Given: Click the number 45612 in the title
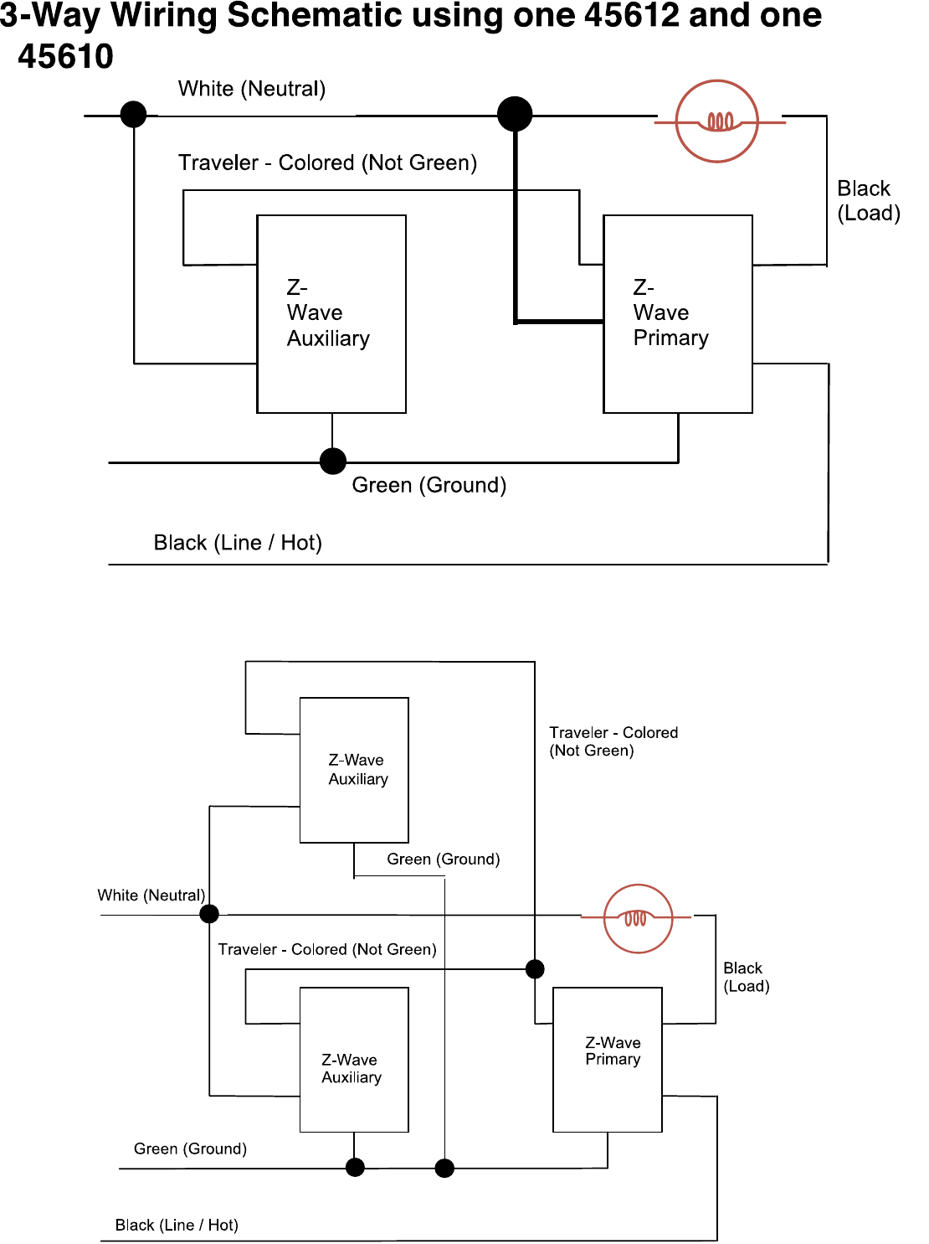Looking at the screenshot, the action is tap(631, 15).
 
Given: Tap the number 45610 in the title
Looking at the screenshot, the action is tap(65, 57).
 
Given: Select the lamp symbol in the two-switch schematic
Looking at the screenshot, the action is tap(716, 121).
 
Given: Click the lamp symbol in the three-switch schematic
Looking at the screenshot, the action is tap(638, 918).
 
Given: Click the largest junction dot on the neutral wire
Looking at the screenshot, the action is tap(515, 114).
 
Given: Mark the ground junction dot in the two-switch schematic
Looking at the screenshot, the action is tap(333, 462).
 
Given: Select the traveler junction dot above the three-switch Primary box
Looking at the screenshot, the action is tap(535, 969).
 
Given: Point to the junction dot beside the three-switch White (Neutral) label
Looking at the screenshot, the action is tap(209, 914).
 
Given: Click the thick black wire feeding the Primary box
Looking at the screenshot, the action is tap(516, 227).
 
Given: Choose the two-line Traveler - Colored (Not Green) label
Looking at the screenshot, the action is tap(613, 741).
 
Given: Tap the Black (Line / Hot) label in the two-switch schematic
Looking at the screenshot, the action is tap(238, 543).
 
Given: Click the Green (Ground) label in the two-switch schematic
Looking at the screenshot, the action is tap(429, 485).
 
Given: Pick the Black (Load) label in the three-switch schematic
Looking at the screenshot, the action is tap(747, 977).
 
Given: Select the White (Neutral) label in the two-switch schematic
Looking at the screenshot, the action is tap(252, 89).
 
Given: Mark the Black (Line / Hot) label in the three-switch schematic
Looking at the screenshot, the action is tap(177, 1226).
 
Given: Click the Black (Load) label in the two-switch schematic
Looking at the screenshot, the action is tap(869, 200).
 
